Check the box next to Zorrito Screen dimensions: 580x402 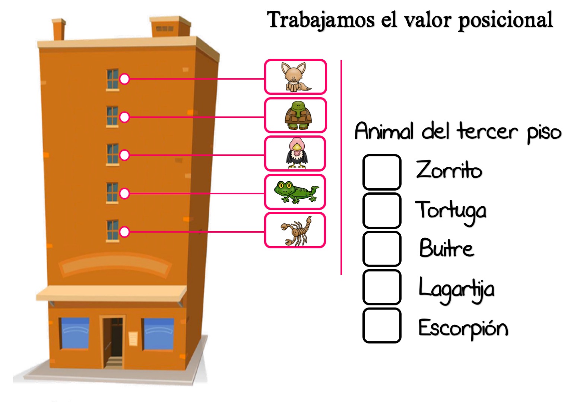tap(382, 172)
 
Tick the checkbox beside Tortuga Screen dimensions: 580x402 tap(382, 210)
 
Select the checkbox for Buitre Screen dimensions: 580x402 tap(382, 249)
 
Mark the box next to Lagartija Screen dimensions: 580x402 tap(382, 287)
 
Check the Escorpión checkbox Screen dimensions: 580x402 tap(382, 326)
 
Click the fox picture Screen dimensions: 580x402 tap(296, 77)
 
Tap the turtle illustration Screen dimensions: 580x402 tap(298, 115)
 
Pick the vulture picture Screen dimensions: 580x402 tap(297, 153)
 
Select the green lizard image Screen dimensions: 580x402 tap(296, 192)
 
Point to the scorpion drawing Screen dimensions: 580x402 tap(296, 231)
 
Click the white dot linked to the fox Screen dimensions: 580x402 tap(124, 79)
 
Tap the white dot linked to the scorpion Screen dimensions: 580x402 tap(124, 232)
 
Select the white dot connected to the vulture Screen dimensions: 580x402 tap(124, 155)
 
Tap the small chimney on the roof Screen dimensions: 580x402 tap(59, 29)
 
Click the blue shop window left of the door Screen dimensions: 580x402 tap(75, 333)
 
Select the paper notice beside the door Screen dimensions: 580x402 tap(133, 339)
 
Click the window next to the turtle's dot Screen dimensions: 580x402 tap(112, 116)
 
